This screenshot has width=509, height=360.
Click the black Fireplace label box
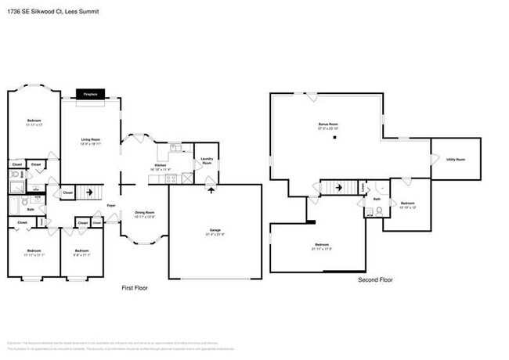point(91,94)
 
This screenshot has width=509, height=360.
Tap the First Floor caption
point(135,288)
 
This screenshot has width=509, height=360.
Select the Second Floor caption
point(375,279)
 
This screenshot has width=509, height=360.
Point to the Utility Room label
point(456,159)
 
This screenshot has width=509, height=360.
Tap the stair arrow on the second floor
point(338,187)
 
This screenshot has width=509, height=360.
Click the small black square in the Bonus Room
point(334,138)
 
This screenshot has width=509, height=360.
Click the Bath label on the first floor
point(31,209)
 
